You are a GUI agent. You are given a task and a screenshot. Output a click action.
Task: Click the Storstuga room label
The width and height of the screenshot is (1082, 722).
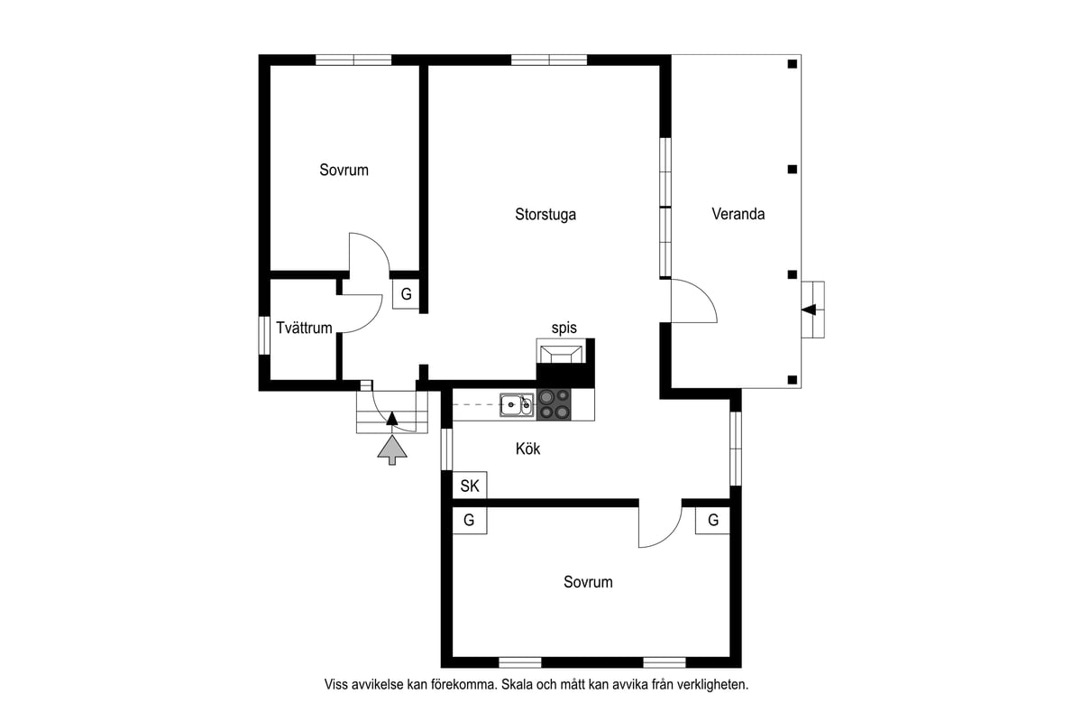546,214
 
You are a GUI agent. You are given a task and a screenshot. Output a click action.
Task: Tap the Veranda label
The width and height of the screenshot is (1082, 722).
738,214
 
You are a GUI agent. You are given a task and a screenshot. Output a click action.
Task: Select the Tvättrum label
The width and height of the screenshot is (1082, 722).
304,328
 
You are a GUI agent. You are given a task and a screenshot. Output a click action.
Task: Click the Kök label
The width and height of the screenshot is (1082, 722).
528,449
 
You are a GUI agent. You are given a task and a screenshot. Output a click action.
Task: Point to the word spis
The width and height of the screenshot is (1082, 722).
564,328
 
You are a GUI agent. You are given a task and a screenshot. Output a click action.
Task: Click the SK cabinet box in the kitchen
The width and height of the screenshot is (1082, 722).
470,485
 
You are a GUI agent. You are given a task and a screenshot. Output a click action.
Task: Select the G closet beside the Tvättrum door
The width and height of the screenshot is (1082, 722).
406,294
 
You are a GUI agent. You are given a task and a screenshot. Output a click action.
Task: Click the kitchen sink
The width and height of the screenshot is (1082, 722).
517,404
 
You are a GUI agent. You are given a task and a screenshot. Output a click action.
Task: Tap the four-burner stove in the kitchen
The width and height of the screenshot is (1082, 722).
554,404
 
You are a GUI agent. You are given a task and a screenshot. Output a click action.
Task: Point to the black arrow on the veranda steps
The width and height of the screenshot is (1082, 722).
809,310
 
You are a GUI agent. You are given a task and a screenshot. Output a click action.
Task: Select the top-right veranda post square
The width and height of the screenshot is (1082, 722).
793,64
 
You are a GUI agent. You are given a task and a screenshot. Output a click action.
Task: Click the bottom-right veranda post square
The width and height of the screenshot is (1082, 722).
793,380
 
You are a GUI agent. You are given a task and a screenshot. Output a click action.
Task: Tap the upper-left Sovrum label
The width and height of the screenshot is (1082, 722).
344,170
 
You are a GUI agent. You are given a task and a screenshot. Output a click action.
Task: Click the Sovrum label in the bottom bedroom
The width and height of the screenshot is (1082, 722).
588,582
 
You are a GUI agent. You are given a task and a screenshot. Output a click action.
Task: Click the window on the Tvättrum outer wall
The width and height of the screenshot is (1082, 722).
264,335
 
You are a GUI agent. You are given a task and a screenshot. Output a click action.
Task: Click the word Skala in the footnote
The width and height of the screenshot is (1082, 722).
518,684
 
